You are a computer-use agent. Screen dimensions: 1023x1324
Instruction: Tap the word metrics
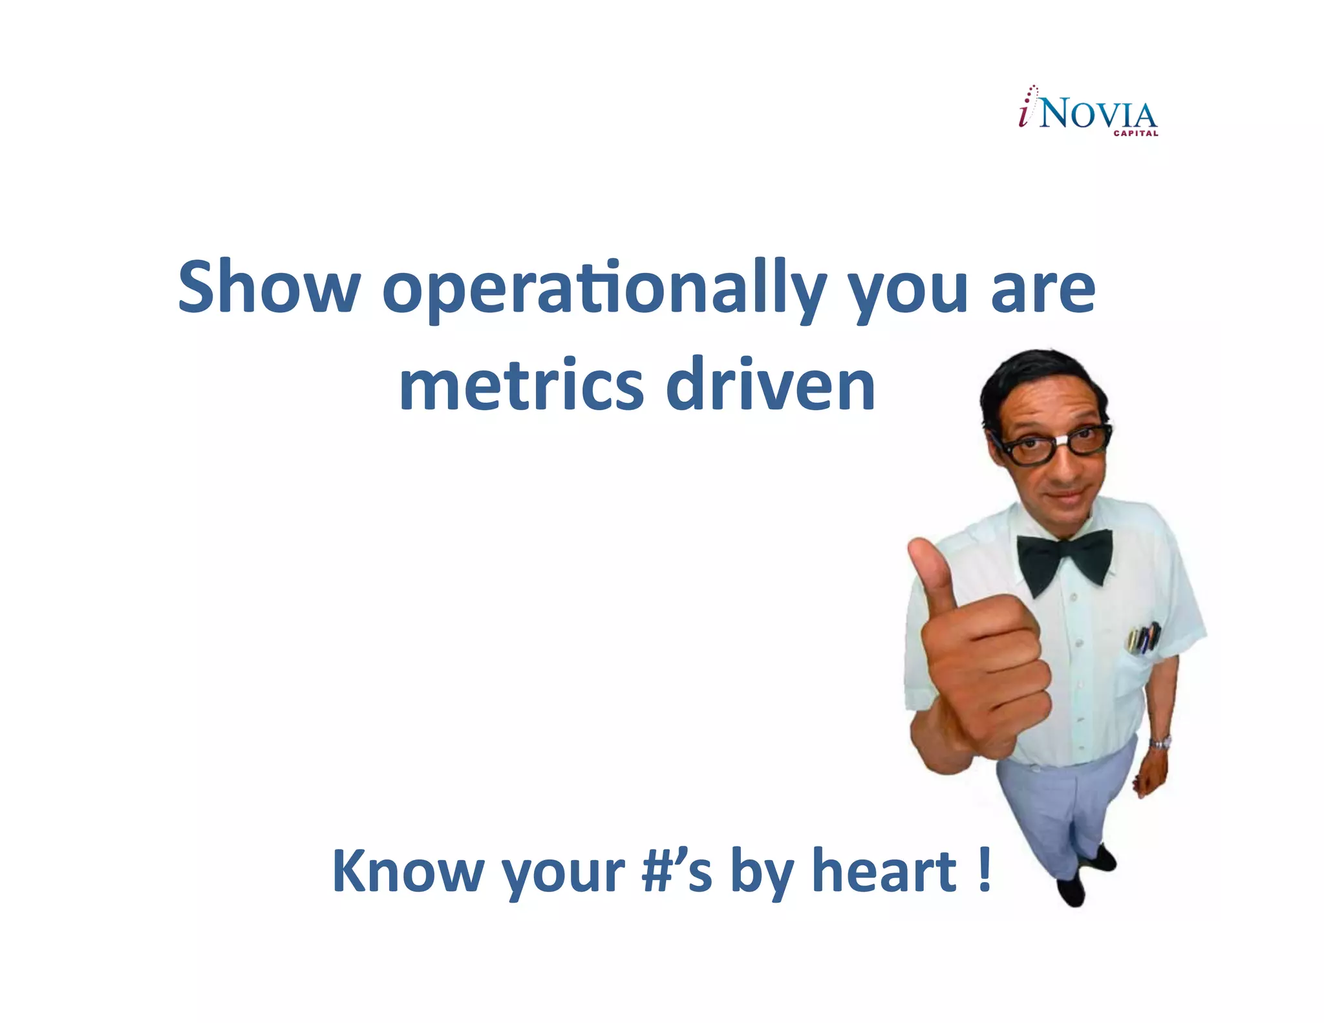521,385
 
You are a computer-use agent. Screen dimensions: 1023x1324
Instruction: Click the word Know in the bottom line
407,870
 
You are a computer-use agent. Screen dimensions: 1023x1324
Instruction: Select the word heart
884,870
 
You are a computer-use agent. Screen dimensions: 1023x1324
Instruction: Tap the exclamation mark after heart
984,870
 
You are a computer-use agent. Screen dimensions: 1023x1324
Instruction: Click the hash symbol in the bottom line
659,871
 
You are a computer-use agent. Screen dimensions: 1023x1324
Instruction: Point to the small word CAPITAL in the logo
1135,134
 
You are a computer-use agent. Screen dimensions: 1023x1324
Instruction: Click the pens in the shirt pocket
1145,638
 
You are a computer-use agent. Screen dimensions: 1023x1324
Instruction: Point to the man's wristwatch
1160,743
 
